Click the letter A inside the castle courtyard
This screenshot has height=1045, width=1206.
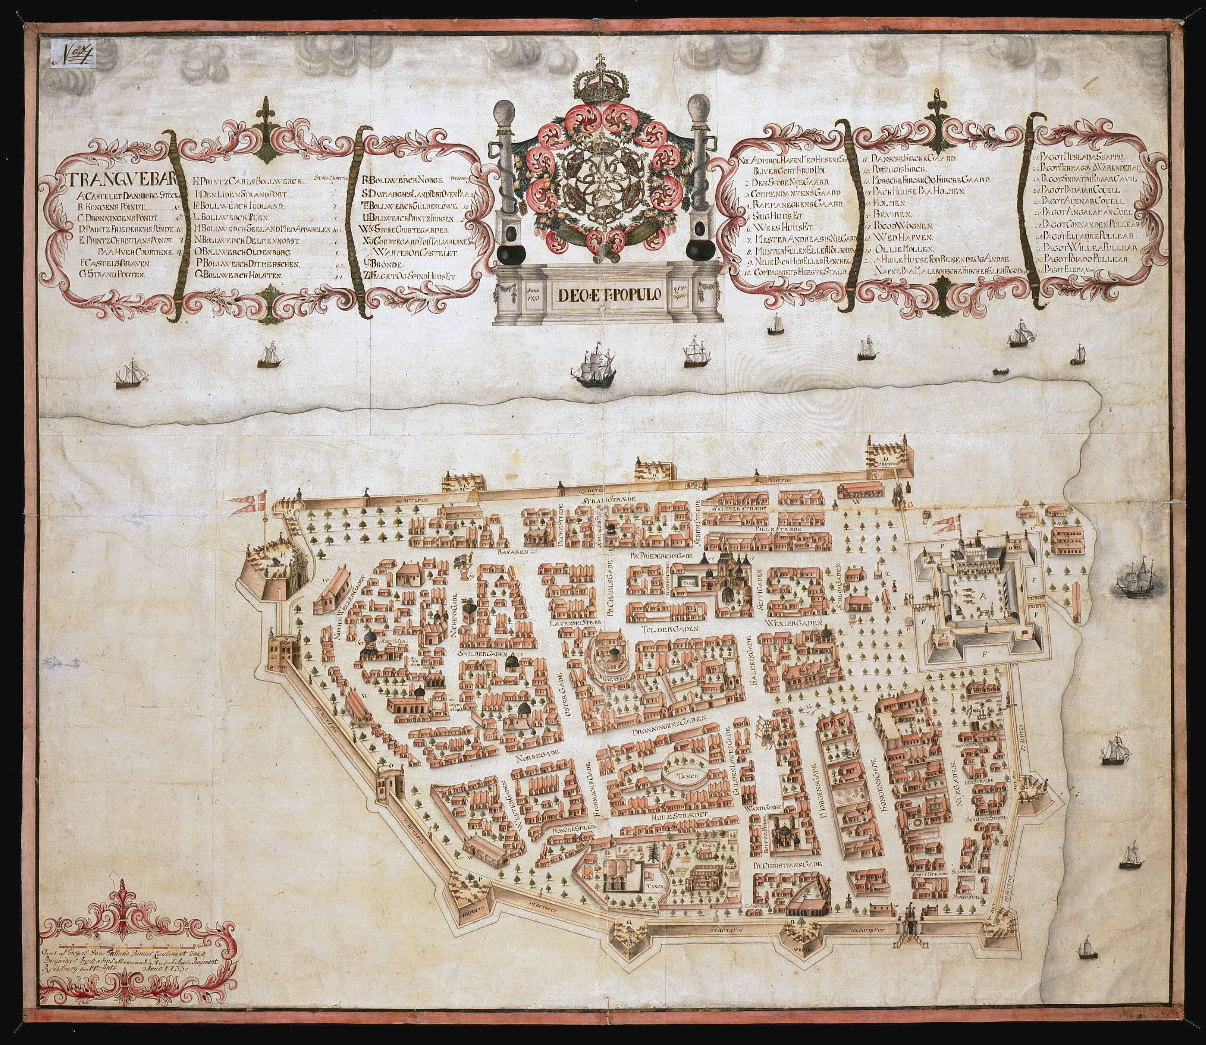984,595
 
